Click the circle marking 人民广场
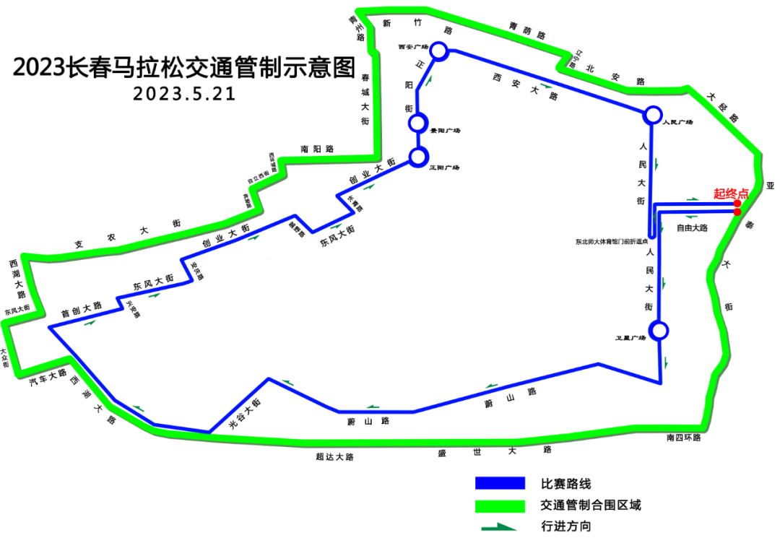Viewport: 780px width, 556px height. tap(652, 114)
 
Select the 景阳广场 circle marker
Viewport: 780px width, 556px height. tap(417, 123)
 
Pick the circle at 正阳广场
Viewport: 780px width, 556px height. tap(418, 157)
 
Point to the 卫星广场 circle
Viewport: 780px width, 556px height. tap(659, 331)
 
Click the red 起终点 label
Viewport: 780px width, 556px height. tap(730, 194)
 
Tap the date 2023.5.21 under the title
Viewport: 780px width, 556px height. tap(184, 95)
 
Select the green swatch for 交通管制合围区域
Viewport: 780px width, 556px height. tap(500, 505)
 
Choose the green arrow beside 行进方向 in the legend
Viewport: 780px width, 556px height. tap(499, 527)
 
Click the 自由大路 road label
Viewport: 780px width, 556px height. tap(692, 227)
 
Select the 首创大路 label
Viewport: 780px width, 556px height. tap(81, 310)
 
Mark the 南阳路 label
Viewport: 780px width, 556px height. tap(318, 149)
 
